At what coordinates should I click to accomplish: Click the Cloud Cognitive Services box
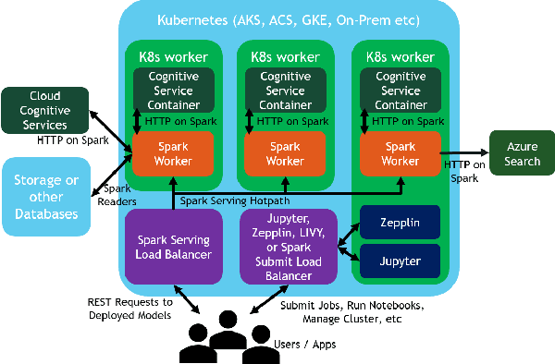click(45, 110)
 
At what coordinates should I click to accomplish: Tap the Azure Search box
click(522, 154)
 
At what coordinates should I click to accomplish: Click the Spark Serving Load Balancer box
click(174, 246)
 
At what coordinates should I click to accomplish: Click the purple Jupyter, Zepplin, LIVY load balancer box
click(288, 246)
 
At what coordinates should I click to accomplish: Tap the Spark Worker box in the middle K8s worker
click(285, 154)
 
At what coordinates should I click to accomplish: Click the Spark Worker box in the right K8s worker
click(400, 154)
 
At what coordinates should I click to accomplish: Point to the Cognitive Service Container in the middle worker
click(285, 91)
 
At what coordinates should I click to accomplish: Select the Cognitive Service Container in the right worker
click(400, 91)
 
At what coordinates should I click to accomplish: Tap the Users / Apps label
click(305, 344)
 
